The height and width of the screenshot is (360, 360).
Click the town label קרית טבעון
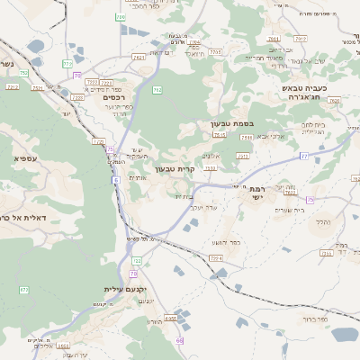pyautogui.click(x=175, y=168)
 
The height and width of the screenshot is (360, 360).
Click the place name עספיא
pyautogui.click(x=25, y=158)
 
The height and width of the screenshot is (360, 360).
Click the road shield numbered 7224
pyautogui.click(x=215, y=259)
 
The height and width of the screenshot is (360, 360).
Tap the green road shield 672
pyautogui.click(x=24, y=289)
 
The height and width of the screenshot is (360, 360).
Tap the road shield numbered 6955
pyautogui.click(x=170, y=319)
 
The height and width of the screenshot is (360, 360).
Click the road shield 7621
pyautogui.click(x=139, y=58)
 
